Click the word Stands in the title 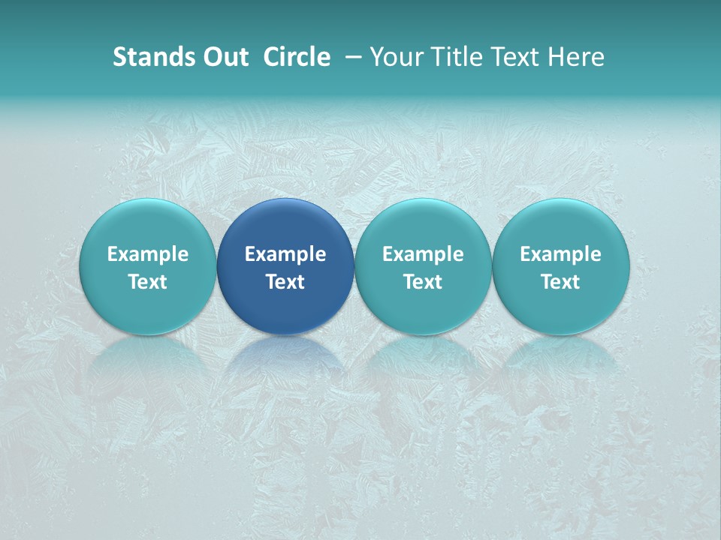point(153,57)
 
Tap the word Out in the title point(225,57)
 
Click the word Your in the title point(394,57)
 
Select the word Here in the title point(575,57)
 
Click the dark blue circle point(285,225)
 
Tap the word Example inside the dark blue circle point(285,254)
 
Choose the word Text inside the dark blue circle point(285,282)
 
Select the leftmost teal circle point(148,225)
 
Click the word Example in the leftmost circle point(148,254)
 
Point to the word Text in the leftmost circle point(148,282)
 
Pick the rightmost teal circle point(561,225)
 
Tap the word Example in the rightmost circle point(561,254)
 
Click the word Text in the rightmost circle point(561,282)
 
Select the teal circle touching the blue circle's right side point(423,225)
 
